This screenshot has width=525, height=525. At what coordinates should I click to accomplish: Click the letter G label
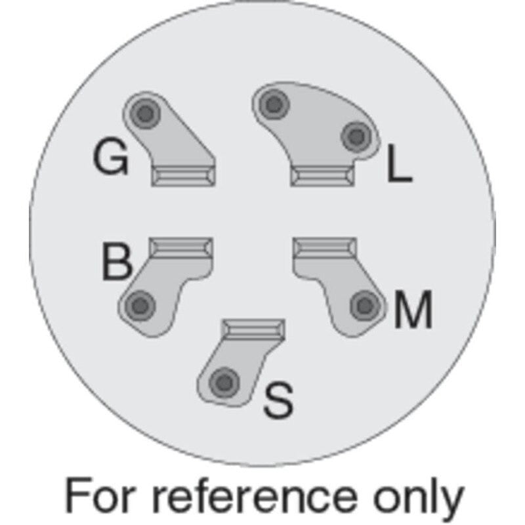pos(110,157)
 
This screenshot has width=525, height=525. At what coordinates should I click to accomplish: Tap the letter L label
pos(400,163)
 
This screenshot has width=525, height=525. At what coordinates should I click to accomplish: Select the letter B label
pos(116,261)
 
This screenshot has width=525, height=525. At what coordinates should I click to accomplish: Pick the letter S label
pos(278,400)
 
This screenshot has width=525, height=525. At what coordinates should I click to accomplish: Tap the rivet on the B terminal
pos(140,305)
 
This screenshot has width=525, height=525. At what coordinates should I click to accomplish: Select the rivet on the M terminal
pos(366,305)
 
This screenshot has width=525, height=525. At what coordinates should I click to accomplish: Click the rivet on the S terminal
pos(224,382)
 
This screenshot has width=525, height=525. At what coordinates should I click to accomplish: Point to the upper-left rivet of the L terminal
pos(274,104)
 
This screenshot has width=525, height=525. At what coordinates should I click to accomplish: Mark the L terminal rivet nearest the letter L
pos(356,136)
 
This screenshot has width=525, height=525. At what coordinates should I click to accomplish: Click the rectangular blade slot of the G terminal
pos(183,177)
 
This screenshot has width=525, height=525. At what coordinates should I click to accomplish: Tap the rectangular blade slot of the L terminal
pos(322,177)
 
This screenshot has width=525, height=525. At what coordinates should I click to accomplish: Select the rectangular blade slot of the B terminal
pos(181,247)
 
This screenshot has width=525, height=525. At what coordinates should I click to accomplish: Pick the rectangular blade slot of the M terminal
pos(325,247)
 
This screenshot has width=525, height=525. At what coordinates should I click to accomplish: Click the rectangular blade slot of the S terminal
pos(253,329)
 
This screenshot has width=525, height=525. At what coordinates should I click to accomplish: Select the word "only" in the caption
pos(419,499)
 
